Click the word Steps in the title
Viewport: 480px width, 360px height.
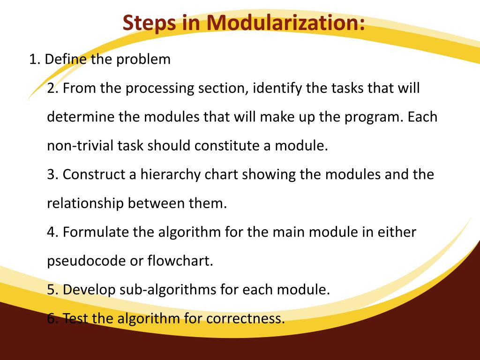[x=150, y=23]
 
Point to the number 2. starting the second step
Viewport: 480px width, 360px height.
[x=53, y=88]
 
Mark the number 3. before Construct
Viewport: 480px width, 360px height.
[x=53, y=174]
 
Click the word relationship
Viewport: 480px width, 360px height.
[x=86, y=203]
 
